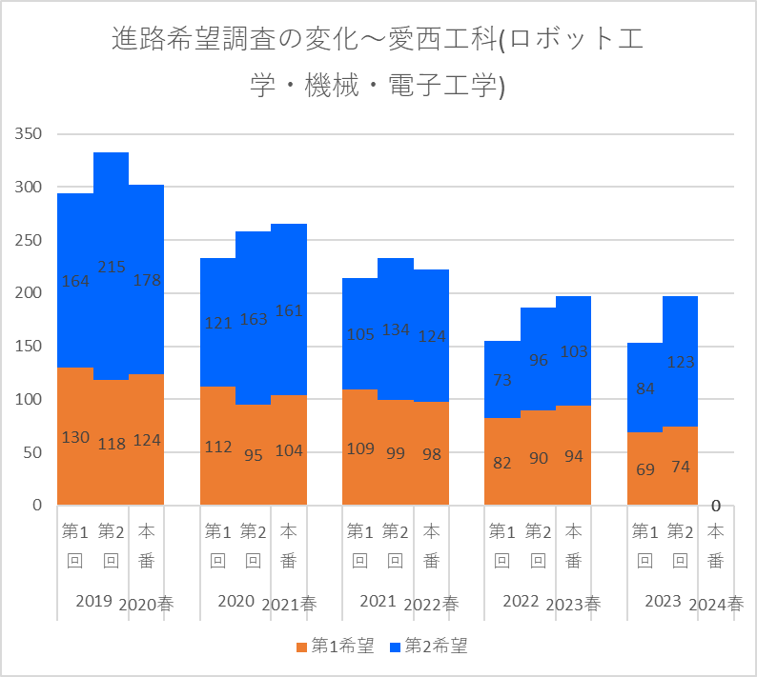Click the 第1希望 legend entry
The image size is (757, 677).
coord(335,647)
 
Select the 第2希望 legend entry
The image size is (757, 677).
coord(429,647)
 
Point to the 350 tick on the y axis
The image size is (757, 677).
coord(29,134)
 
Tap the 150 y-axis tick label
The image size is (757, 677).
coord(29,347)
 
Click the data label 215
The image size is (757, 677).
coord(111,267)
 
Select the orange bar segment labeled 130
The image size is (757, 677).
coord(75,419)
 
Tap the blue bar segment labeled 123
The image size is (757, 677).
coord(681,343)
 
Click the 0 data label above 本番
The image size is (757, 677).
coord(715,506)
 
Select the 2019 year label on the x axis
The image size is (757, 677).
coord(93,602)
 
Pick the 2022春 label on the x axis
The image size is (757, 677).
coord(432,604)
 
